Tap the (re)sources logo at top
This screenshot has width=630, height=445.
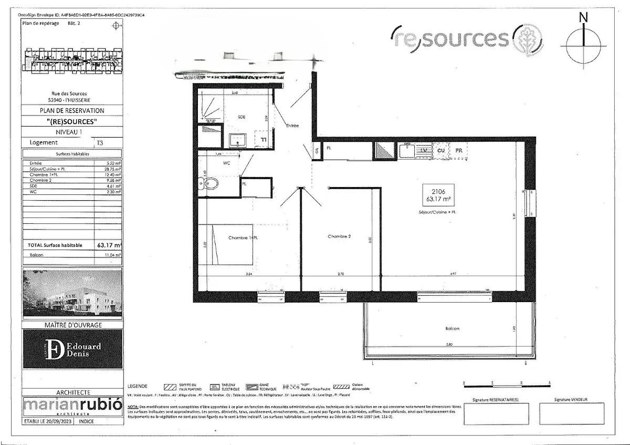467,38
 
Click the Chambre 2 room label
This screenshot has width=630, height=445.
339,236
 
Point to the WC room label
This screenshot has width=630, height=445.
227,163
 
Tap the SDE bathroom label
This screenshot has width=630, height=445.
241,117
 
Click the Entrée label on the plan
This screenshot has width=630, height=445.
292,126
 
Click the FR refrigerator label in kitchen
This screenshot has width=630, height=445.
459,151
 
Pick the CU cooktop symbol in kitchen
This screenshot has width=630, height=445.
441,151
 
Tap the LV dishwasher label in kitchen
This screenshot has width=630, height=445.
423,151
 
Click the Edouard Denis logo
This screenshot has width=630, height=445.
72,349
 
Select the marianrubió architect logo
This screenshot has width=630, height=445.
72,406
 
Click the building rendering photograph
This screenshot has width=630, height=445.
72,294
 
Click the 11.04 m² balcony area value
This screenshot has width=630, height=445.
113,255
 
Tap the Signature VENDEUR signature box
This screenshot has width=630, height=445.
571,413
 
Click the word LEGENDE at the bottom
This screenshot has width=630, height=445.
137,386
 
